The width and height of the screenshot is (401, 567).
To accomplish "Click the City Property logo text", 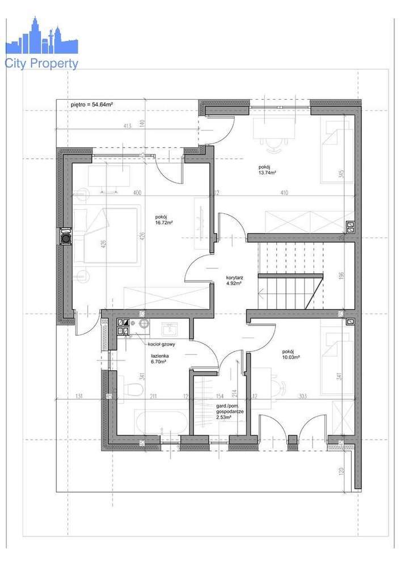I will [41, 64].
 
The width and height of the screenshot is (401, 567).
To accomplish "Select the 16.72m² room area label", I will [164, 220].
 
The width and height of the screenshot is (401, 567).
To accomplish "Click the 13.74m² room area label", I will [267, 170].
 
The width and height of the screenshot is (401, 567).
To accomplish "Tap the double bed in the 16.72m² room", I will [106, 235].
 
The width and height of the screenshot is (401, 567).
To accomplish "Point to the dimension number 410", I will [284, 193].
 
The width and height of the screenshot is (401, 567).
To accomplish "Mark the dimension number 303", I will [302, 396].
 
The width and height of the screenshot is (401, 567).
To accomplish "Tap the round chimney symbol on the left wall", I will [66, 237].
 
